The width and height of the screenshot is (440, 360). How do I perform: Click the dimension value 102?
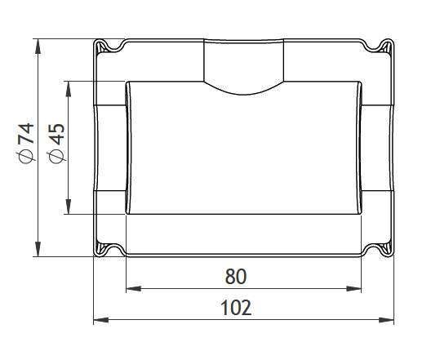(236, 308)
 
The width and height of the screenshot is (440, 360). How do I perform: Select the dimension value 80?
(236, 276)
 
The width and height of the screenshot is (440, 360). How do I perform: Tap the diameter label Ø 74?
(26, 143)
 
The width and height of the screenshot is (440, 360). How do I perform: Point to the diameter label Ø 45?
(56, 143)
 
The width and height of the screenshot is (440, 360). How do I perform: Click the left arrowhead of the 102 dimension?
(101, 320)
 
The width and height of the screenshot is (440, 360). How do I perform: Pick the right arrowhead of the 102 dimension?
(386, 320)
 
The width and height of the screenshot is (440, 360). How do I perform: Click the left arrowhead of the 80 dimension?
(134, 288)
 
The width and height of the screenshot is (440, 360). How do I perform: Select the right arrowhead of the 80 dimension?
(353, 288)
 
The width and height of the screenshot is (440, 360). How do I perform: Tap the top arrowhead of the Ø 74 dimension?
(38, 47)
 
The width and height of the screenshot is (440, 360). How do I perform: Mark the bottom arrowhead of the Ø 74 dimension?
(38, 249)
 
